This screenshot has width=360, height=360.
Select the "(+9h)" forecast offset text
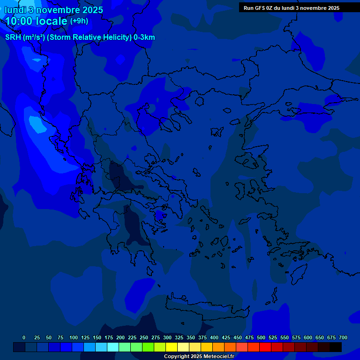pyautogui.click(x=79, y=21)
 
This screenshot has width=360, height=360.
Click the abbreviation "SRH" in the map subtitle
pyautogui.click(x=13, y=37)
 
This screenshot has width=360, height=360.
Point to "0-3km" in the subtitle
pyautogui.click(x=144, y=37)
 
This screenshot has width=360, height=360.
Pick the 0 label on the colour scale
pyautogui.click(x=24, y=337)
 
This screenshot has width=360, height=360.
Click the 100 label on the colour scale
pyautogui.click(x=74, y=337)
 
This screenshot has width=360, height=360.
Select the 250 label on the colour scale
pyautogui.click(x=144, y=337)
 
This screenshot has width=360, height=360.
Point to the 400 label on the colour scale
pyautogui.click(x=214, y=337)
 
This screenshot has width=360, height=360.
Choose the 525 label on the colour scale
pyautogui.click(x=273, y=337)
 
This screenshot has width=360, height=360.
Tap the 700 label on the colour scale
pyautogui.click(x=343, y=337)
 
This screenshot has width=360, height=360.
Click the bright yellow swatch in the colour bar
pyautogui.click(x=172, y=347)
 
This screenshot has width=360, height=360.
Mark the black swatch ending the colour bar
pyautogui.click(x=336, y=347)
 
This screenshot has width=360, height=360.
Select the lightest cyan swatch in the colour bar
pyautogui.click(x=113, y=347)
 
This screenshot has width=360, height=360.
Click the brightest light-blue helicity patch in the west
pyautogui.click(x=36, y=124)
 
